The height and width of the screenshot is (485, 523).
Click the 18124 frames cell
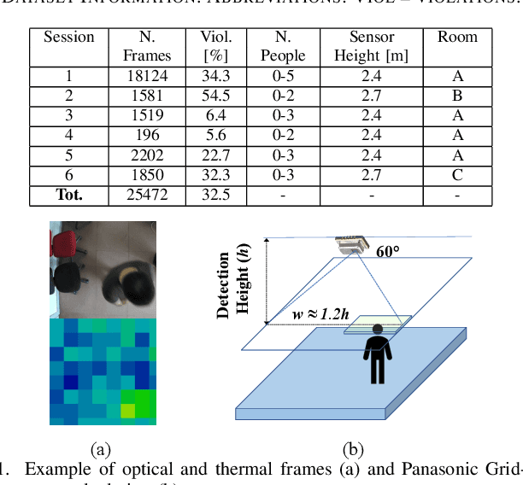[x=155, y=76]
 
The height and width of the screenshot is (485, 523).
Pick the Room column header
[x=457, y=37]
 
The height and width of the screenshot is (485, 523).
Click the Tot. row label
[x=69, y=195]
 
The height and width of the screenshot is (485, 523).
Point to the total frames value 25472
[x=155, y=195]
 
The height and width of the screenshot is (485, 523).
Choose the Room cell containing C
[x=457, y=175]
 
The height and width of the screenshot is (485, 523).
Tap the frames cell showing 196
[x=155, y=135]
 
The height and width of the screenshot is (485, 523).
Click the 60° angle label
[x=390, y=251]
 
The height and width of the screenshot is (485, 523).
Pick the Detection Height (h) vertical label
[x=233, y=285]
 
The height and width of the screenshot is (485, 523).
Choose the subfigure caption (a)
[x=101, y=447]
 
